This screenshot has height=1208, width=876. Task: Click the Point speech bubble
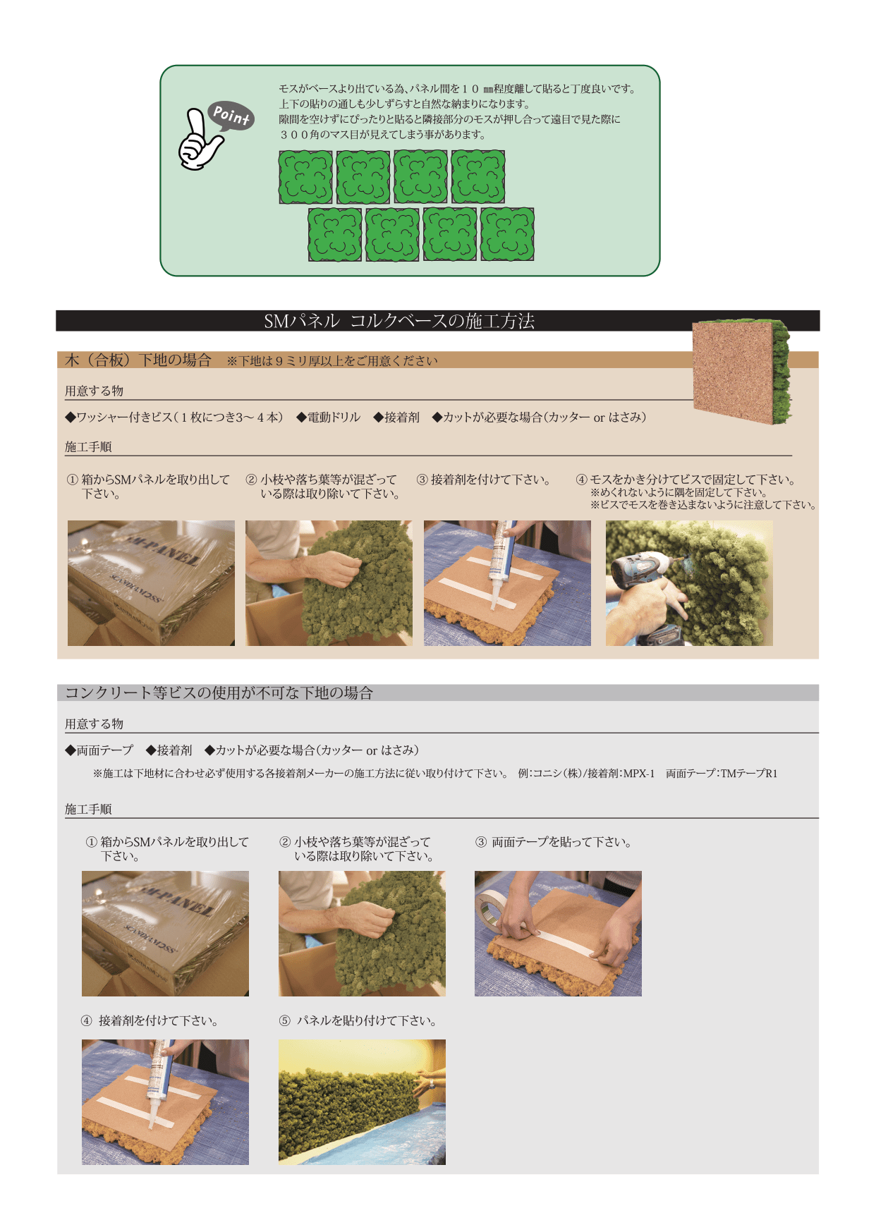[x=231, y=116]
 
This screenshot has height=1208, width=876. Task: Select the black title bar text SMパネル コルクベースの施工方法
[x=399, y=321]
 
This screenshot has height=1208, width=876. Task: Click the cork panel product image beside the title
[x=742, y=372]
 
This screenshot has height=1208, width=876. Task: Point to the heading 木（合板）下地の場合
[x=138, y=360]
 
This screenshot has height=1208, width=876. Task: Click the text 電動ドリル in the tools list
[x=334, y=417]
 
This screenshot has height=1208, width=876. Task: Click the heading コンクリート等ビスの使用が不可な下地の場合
[x=219, y=693]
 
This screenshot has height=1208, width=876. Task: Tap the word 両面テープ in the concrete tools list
[x=104, y=750]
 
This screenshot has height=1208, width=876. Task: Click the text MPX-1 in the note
[x=638, y=774]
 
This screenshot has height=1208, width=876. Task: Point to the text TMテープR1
[x=749, y=774]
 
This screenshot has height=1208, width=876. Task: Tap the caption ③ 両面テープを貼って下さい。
[x=554, y=842]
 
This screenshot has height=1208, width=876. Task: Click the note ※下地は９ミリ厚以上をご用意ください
[x=332, y=361]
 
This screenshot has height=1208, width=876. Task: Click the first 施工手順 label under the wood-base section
[x=88, y=446]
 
